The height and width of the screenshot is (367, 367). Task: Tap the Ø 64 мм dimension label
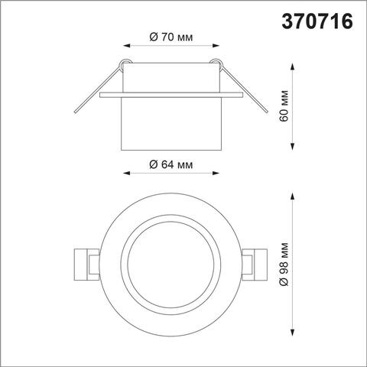click(171, 165)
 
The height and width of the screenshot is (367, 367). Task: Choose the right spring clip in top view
click(252, 265)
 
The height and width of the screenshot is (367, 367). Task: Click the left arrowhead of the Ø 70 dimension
click(125, 45)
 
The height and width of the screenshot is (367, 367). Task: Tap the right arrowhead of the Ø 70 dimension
click(216, 45)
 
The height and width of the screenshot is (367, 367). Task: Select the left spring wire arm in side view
click(96, 90)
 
